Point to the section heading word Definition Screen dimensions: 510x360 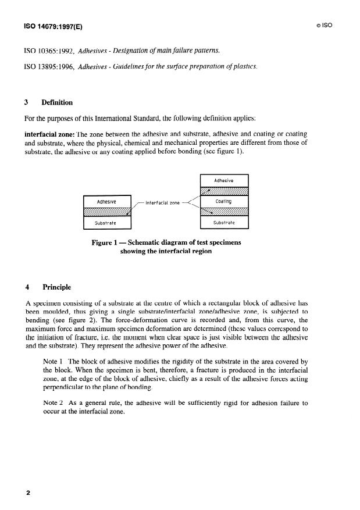[57, 103]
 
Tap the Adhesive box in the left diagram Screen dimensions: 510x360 [107, 201]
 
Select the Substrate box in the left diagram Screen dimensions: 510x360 [107, 223]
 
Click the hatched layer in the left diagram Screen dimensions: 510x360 [107, 212]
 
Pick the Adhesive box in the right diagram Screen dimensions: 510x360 [224, 181]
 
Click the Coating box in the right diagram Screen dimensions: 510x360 [224, 202]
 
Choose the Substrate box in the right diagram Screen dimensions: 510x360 [224, 223]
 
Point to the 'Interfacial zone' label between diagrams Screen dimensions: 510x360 [162, 203]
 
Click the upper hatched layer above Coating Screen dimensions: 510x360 [224, 191]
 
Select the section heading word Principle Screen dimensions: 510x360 [56, 287]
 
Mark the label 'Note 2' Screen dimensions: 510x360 [54, 402]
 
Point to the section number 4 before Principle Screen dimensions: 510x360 [27, 287]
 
